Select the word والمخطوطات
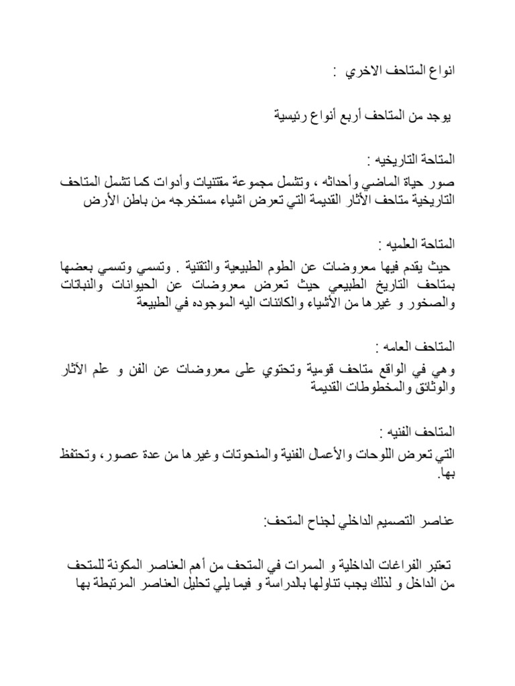[366, 387]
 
